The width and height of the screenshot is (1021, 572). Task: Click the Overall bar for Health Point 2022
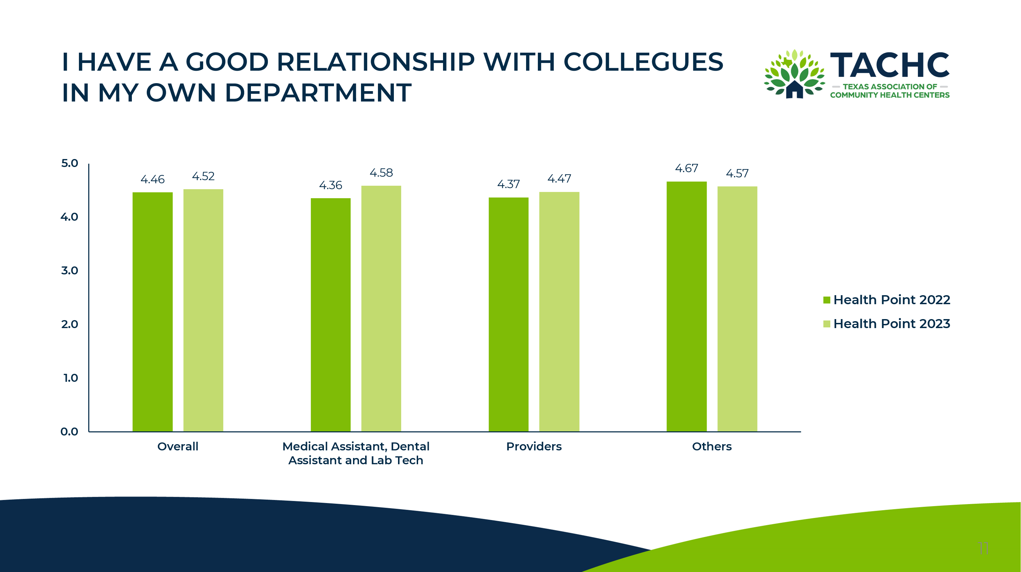[153, 312]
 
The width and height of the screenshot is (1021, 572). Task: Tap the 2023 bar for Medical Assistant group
[381, 309]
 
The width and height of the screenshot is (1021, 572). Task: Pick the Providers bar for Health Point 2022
[508, 314]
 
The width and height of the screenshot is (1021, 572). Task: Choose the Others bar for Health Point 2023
[737, 309]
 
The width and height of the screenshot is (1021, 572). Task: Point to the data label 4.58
[381, 173]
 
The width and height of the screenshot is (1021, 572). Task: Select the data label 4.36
[331, 185]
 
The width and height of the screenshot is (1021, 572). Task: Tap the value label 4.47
[559, 179]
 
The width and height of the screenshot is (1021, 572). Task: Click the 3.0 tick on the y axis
[70, 271]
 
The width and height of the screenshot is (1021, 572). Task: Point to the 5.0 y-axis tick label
[70, 163]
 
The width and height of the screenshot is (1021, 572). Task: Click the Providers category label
[534, 447]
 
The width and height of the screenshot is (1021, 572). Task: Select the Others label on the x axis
[712, 447]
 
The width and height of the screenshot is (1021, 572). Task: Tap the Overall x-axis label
[178, 447]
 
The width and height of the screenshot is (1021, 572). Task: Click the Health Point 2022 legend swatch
[827, 300]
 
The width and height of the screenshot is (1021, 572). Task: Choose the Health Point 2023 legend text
[892, 324]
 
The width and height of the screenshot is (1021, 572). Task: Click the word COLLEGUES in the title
[643, 62]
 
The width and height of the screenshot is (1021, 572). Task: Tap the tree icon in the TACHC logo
[795, 74]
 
